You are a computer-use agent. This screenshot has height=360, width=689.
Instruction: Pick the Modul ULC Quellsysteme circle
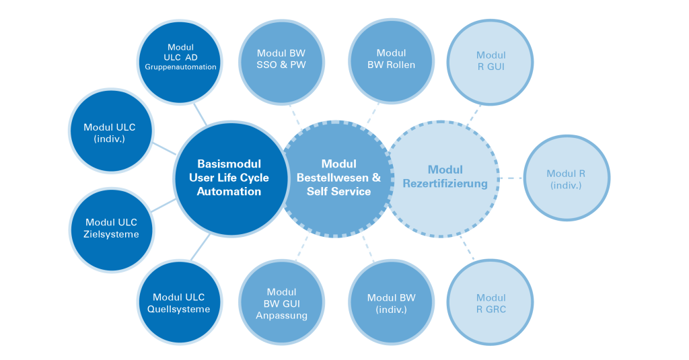coord(179,303)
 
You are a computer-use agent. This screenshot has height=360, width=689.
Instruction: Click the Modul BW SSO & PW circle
coord(281,59)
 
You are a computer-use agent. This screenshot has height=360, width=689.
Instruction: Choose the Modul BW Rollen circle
coord(391,59)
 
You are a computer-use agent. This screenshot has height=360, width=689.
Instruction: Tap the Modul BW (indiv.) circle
coord(391,303)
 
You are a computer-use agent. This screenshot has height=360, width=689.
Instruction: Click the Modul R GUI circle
coord(491,61)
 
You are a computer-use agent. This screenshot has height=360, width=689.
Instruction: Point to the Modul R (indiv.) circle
coord(567,178)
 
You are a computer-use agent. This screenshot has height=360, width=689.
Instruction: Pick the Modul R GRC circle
coord(491,303)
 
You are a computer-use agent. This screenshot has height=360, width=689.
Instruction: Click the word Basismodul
coord(229,164)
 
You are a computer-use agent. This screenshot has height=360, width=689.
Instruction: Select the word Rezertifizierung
coord(445,183)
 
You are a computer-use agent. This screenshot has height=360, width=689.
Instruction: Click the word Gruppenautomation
coord(180,67)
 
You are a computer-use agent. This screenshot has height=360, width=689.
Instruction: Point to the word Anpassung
coord(281,315)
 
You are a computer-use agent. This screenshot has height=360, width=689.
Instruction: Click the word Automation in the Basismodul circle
coord(229,191)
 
